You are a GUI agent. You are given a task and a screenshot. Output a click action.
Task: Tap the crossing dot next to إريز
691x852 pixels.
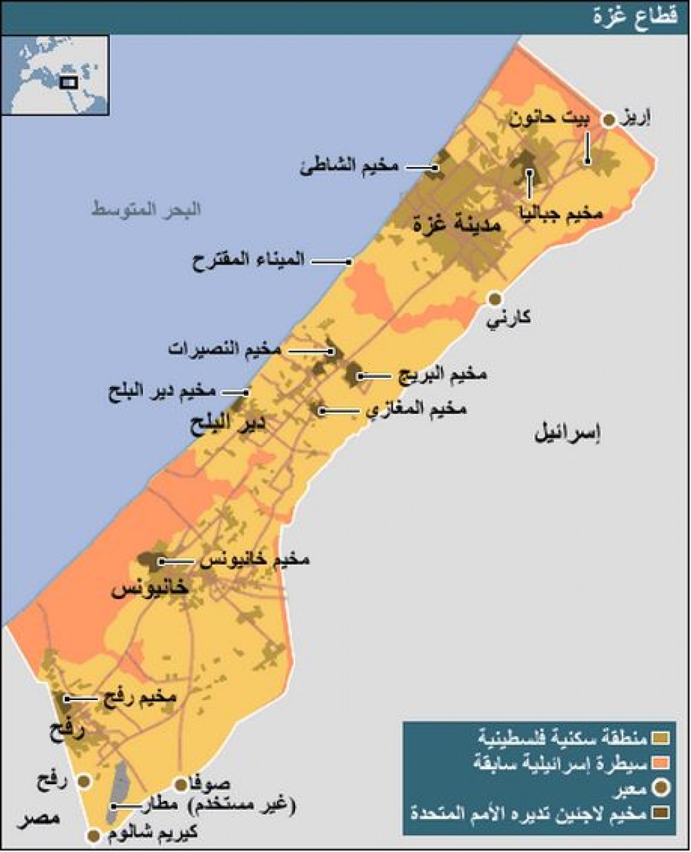tap(609, 121)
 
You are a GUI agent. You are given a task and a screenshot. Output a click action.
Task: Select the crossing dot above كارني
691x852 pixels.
tap(495, 299)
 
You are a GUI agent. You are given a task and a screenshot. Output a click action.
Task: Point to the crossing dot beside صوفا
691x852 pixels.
tap(180, 784)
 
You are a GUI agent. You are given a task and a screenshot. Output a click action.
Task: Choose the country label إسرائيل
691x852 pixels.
tap(567, 433)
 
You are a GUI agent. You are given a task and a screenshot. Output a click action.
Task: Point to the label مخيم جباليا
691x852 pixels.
tap(562, 214)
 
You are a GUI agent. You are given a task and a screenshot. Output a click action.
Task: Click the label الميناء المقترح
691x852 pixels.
tap(249, 261)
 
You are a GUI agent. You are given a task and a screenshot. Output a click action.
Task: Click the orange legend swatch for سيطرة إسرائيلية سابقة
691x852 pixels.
tap(662, 763)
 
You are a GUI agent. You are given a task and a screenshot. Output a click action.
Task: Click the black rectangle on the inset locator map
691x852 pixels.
tap(68, 82)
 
